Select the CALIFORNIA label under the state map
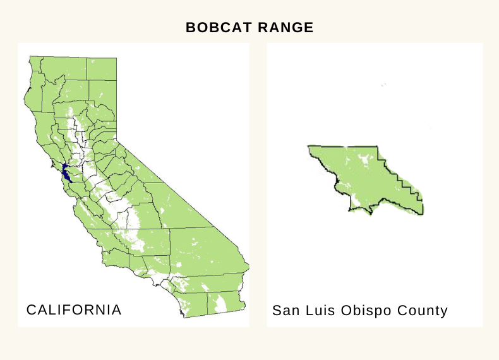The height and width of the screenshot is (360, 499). click(x=74, y=309)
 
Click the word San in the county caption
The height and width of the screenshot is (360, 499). click(x=286, y=311)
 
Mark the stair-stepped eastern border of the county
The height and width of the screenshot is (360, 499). click(x=404, y=183)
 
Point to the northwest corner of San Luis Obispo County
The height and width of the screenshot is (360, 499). click(x=309, y=147)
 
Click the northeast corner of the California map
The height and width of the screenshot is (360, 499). click(x=116, y=58)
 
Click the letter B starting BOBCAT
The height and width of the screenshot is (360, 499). click(x=191, y=28)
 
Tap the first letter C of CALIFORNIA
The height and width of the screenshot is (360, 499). click(x=30, y=309)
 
